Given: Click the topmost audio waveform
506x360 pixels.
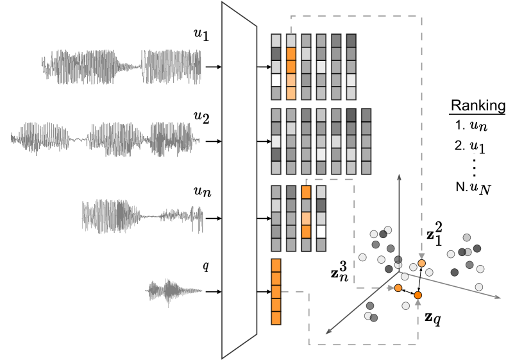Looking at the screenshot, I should tap(122, 67).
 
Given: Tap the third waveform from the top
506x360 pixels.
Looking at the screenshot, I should tap(142, 216).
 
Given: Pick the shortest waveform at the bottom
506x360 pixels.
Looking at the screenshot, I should tap(173, 291).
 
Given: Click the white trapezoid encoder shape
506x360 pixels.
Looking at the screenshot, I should tap(239, 180).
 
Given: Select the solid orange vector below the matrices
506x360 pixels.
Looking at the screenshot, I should tap(276, 291).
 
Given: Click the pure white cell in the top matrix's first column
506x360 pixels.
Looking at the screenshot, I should tap(276, 80).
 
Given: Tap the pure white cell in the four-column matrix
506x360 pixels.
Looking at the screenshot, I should tap(321, 231).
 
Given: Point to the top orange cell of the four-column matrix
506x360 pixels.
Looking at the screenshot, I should tap(306, 192).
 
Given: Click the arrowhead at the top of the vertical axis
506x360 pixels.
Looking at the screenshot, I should tap(399, 176).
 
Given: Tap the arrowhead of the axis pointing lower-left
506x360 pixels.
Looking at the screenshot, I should tap(328, 331).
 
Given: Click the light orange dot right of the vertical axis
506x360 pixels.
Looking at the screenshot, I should tap(421, 264).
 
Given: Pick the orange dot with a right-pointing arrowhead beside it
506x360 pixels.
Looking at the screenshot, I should tap(398, 288).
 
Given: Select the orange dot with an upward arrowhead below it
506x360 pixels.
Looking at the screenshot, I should tap(417, 295).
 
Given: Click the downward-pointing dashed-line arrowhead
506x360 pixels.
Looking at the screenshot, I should tap(421, 256).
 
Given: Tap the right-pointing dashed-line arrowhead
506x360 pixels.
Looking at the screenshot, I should tap(391, 288).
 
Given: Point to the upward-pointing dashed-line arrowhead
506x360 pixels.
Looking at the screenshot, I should tap(417, 302).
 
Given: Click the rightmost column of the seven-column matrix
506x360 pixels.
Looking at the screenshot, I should tap(366, 141).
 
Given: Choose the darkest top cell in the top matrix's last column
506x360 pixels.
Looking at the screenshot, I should tap(351, 40).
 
